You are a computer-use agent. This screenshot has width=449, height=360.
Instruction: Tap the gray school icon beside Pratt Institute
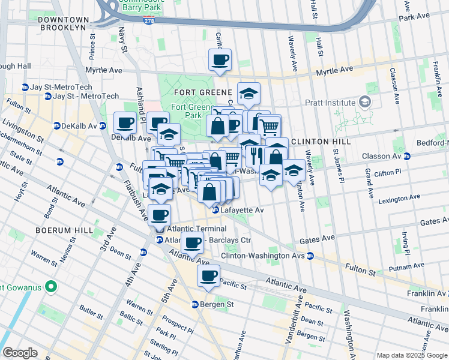tap(364, 102)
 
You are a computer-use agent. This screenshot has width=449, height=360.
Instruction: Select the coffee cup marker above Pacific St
tap(208, 275)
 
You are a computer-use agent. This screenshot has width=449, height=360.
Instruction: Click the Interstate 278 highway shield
tap(148, 20)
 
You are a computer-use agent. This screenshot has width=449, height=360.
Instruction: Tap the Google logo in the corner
tap(20, 352)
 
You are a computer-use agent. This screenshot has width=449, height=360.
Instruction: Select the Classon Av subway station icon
tap(407, 156)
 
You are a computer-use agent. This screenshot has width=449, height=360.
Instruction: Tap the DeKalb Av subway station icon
tap(56, 126)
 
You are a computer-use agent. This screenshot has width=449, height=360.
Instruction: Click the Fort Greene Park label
tap(187, 111)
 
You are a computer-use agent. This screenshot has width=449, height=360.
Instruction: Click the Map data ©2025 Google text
tap(412, 355)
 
